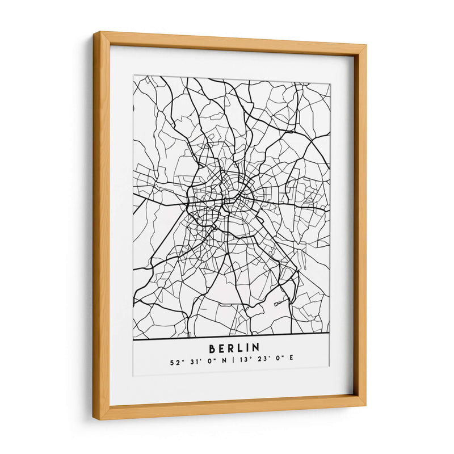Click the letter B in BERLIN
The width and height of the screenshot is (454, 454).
[213, 347]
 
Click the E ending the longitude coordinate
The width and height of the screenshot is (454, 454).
[292, 358]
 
